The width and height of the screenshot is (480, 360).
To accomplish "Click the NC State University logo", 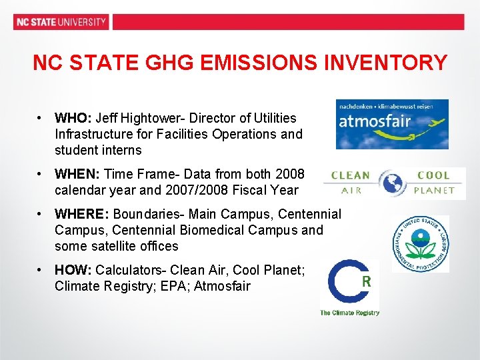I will pyautogui.click(x=61, y=21).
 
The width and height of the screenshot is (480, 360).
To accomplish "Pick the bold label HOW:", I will pyautogui.click(x=74, y=270).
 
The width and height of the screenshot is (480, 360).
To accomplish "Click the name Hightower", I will pyautogui.click(x=154, y=118).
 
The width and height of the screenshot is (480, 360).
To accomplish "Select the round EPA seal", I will pyautogui.click(x=420, y=243).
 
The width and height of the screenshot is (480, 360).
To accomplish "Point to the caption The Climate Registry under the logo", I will pyautogui.click(x=350, y=313).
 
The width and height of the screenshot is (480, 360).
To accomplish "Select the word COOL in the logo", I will pyautogui.click(x=433, y=175).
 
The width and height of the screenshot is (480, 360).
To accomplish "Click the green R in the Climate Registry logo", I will pyautogui.click(x=366, y=281).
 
